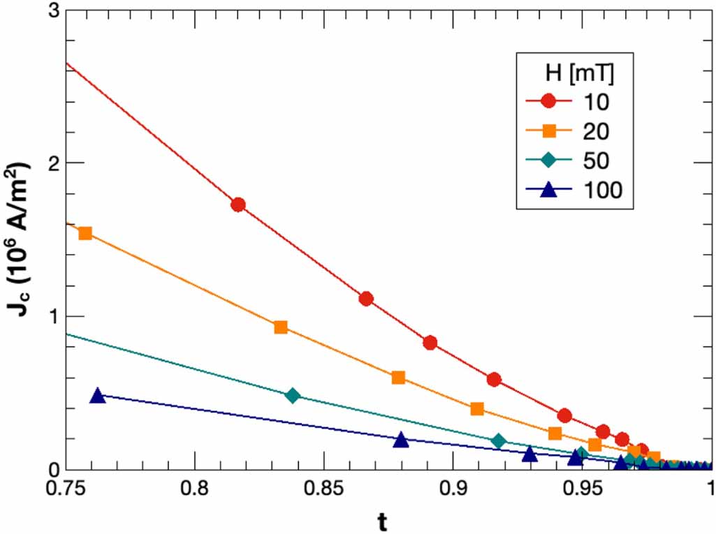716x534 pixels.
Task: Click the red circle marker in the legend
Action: click(x=548, y=101)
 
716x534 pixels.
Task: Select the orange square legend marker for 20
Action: click(x=548, y=131)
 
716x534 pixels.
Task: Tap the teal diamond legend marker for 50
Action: click(x=548, y=160)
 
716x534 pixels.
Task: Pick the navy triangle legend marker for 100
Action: click(x=548, y=188)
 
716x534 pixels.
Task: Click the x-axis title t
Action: click(x=388, y=520)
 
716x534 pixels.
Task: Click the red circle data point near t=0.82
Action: click(x=238, y=205)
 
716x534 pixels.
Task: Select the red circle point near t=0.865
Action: click(x=365, y=299)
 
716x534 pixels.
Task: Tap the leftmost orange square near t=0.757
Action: click(x=85, y=233)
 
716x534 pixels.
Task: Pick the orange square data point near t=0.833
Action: click(x=281, y=327)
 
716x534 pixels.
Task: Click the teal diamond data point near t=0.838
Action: click(x=293, y=396)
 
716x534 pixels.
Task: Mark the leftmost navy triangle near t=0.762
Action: click(x=98, y=396)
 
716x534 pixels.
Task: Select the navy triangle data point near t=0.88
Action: click(x=401, y=440)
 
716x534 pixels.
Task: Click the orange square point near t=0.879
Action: click(x=399, y=378)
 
